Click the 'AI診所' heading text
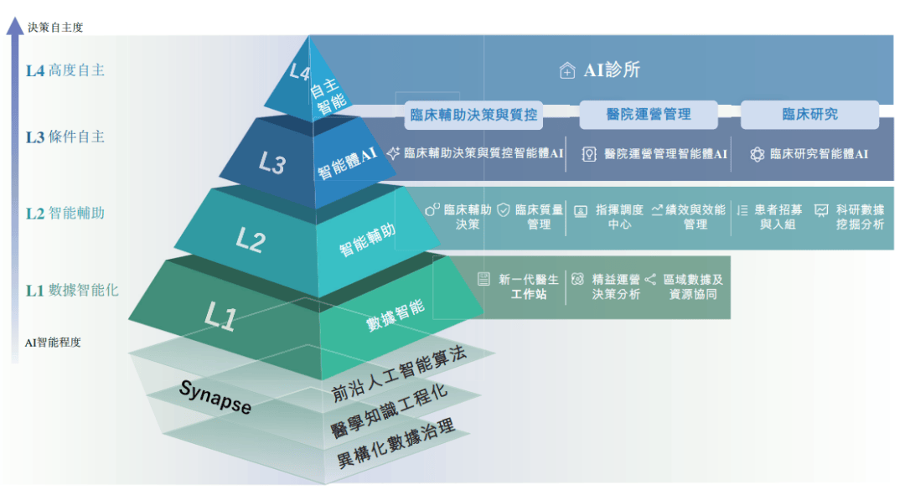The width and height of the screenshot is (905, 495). point(612,70)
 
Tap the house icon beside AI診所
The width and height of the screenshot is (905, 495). point(566,70)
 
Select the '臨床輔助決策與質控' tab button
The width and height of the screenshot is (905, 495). point(473,115)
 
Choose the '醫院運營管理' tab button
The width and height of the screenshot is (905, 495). point(648,114)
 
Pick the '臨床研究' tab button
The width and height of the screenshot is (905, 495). point(809,114)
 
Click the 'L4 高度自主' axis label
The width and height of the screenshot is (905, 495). point(65,70)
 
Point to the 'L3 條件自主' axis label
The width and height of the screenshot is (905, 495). point(65,137)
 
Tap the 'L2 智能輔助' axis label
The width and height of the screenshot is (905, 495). point(65,214)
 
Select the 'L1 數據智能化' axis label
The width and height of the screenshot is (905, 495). point(72,290)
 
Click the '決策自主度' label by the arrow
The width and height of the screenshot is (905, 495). point(55,27)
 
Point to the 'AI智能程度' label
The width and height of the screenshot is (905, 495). point(53,343)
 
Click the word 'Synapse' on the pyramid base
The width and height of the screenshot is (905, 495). point(215,397)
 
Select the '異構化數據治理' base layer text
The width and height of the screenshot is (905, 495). point(396,443)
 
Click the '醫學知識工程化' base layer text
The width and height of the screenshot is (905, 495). point(389,410)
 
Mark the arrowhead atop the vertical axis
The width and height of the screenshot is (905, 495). point(15,26)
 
